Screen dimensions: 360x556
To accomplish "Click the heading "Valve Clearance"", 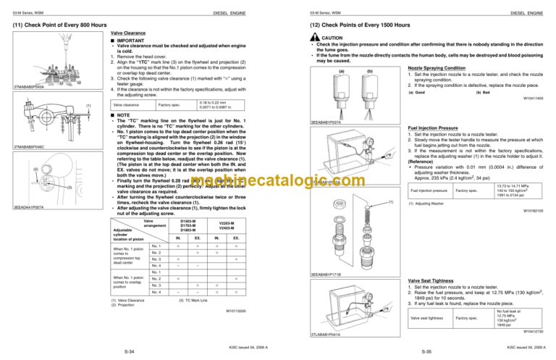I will [127, 33].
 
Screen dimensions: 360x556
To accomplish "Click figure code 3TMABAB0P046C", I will [25, 148].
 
